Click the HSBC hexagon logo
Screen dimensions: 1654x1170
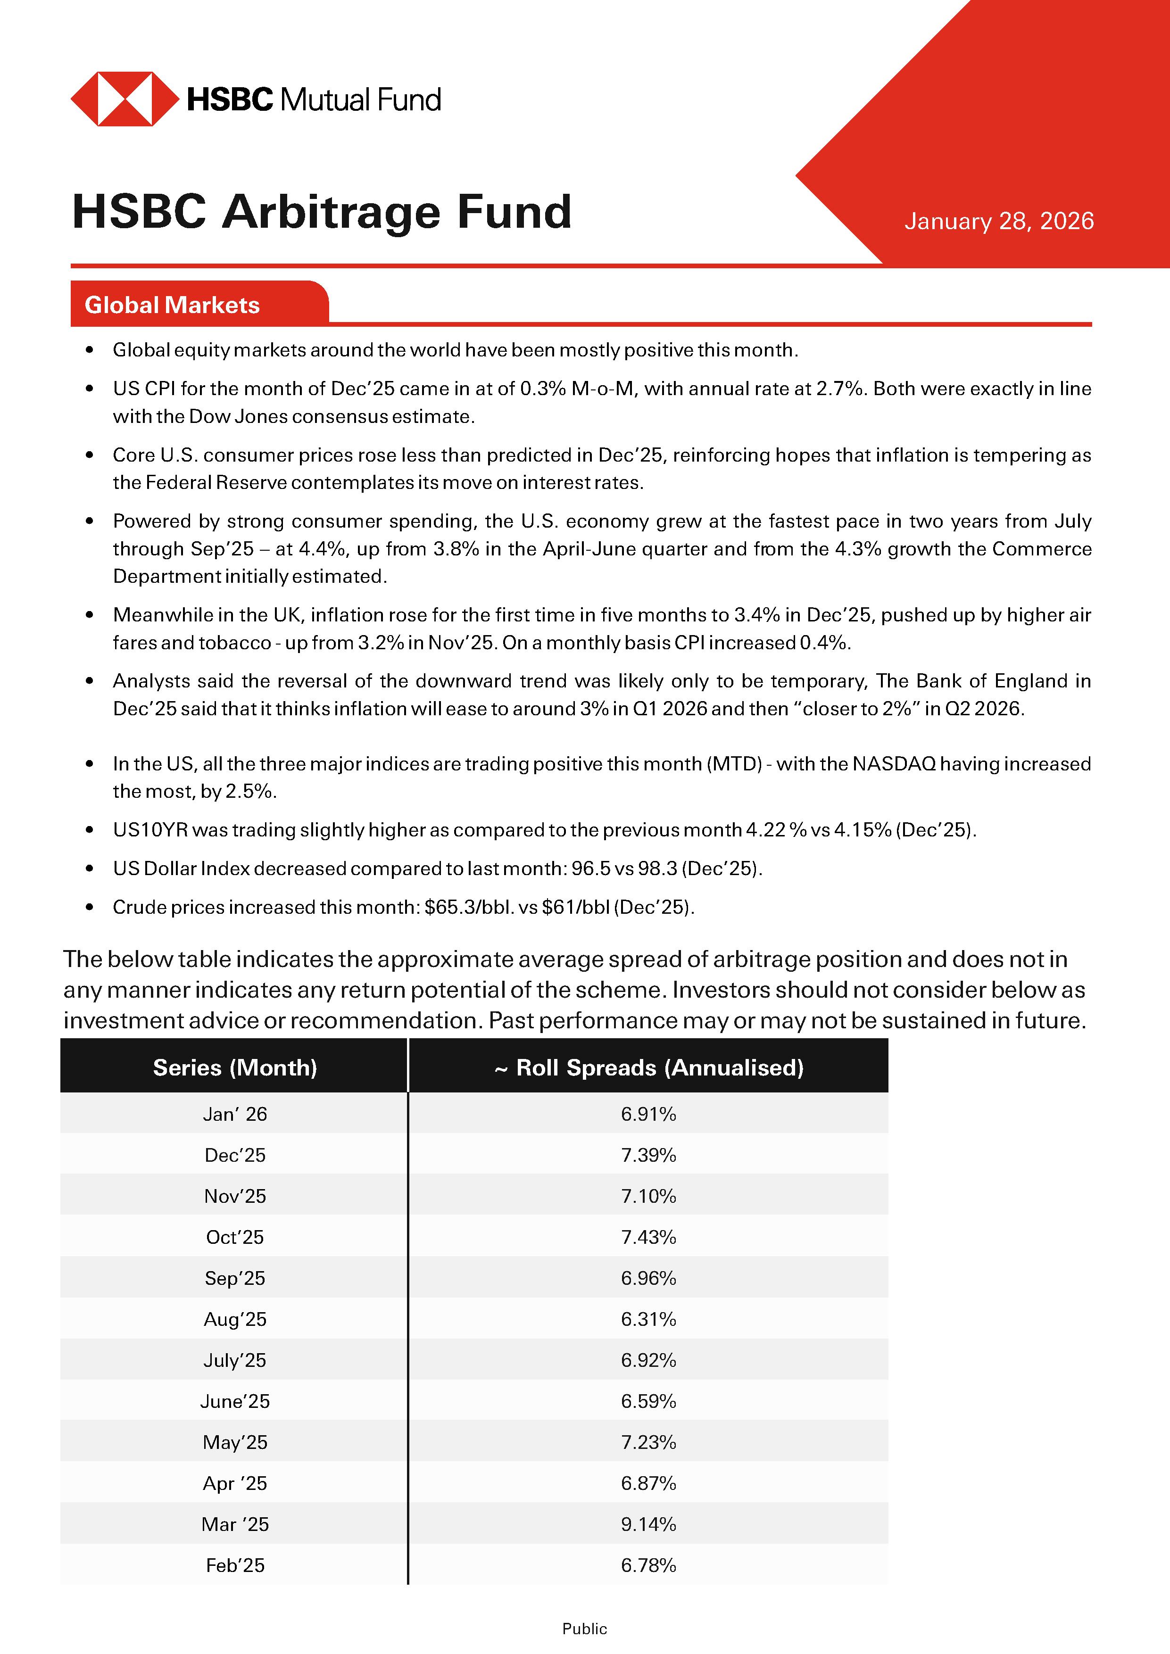124,99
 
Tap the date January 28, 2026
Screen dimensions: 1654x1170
998,221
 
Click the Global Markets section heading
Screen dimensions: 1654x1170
172,305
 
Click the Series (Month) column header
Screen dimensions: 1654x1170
235,1067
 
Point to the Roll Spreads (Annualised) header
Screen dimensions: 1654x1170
648,1067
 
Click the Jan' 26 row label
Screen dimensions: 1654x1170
235,1114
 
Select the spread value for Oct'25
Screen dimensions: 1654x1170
648,1237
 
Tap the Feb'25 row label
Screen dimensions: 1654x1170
235,1565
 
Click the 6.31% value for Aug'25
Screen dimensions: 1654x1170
648,1319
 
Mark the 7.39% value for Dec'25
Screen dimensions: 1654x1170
648,1155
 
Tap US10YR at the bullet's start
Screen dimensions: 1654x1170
150,830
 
